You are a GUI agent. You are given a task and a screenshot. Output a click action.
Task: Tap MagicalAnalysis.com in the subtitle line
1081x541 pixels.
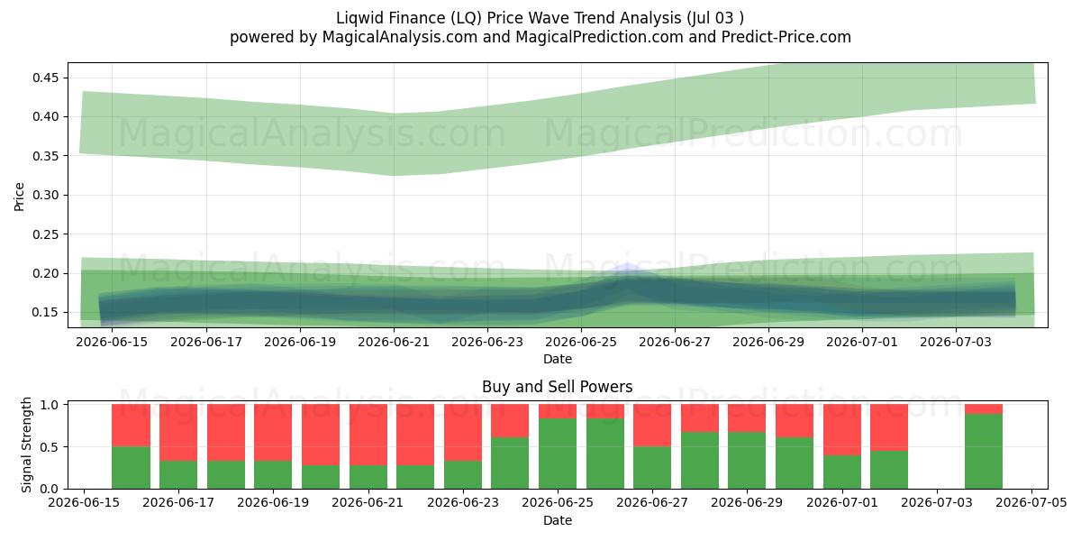click(400, 37)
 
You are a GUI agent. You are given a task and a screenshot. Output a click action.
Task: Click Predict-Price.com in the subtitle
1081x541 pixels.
click(786, 37)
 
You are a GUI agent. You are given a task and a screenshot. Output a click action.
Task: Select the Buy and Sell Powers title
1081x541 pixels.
click(558, 387)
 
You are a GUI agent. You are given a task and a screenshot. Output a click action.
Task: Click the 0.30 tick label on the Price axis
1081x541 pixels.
click(46, 195)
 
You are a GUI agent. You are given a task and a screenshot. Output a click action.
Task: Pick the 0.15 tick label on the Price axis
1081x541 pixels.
click(46, 313)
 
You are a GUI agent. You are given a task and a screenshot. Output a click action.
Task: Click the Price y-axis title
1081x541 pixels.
click(19, 197)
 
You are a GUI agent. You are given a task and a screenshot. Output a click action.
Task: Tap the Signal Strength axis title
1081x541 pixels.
click(26, 445)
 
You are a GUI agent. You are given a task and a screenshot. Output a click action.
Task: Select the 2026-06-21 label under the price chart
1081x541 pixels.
click(394, 342)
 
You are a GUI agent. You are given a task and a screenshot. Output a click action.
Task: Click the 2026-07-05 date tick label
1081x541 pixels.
click(1031, 503)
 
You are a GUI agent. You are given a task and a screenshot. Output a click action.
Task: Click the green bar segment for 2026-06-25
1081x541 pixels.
click(558, 454)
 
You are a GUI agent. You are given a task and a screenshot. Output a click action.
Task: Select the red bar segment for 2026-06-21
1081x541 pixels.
click(368, 435)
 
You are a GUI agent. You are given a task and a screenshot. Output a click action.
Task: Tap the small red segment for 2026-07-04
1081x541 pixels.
click(984, 409)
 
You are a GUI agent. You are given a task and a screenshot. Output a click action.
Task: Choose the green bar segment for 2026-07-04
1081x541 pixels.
click(984, 451)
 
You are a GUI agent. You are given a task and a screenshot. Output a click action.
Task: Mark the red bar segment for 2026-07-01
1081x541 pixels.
click(841, 430)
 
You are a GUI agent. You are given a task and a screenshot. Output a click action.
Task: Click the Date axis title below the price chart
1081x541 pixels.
click(558, 359)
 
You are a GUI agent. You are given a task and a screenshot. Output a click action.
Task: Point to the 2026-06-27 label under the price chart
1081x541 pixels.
click(674, 342)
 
